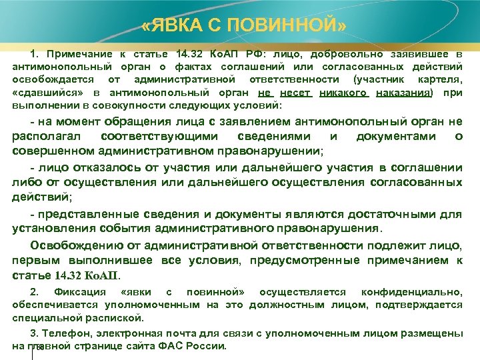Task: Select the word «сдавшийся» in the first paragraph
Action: point(41,93)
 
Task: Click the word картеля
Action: point(440,80)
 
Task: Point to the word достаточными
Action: point(404,214)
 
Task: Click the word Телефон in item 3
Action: point(61,333)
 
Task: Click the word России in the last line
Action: point(209,346)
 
